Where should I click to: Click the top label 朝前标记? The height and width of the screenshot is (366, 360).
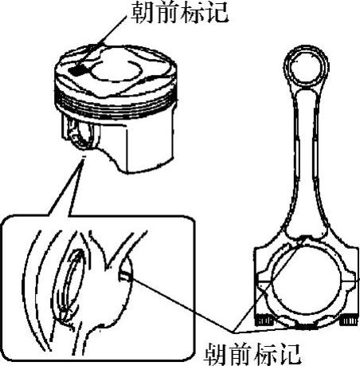point(179,13)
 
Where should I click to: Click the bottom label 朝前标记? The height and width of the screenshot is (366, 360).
point(253,354)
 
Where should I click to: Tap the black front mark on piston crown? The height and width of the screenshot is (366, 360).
point(78,70)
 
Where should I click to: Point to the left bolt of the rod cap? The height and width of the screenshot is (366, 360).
point(264,320)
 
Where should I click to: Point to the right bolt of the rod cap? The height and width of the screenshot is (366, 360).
point(350,321)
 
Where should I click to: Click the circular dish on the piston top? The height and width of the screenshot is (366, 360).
point(115,69)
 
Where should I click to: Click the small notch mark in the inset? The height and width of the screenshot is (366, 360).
point(125,277)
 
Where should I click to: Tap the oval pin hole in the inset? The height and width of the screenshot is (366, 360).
point(69,285)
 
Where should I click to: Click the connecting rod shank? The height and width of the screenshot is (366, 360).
point(306,159)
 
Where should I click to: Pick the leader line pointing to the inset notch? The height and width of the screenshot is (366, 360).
point(182,305)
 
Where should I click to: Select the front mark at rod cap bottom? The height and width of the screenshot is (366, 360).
point(305,325)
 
